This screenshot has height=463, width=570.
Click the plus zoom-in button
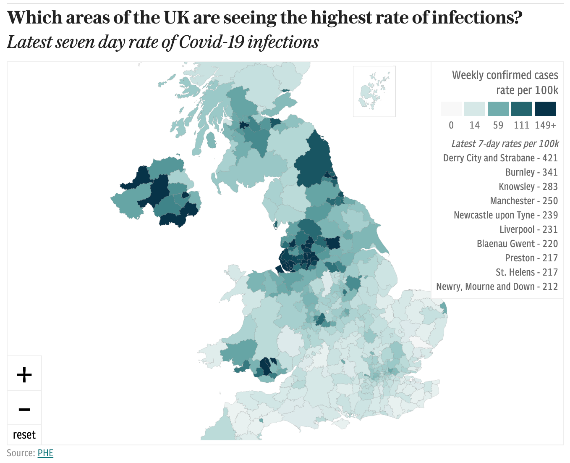coord(24,374)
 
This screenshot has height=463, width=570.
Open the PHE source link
coord(45,453)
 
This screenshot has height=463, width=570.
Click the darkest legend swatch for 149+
coord(545,109)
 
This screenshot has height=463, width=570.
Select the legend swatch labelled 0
coord(451,109)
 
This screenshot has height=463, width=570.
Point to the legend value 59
coord(498,125)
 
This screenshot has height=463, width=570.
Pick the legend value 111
coord(522,125)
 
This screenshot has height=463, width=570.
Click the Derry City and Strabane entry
coord(500,158)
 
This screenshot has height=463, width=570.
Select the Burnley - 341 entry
coord(531,172)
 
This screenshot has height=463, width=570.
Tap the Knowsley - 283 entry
coord(528,187)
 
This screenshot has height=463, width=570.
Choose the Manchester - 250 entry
coord(524,201)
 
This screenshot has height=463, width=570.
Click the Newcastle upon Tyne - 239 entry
coord(506,215)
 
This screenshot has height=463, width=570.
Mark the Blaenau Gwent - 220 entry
coord(517,244)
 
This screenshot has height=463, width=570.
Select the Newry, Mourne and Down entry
coord(497,287)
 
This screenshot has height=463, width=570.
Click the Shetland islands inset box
coord(374,91)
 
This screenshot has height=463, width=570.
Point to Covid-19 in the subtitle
coord(212,42)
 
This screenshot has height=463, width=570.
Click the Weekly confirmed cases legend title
coord(505,75)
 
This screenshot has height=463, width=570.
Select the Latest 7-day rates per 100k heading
coord(505,144)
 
